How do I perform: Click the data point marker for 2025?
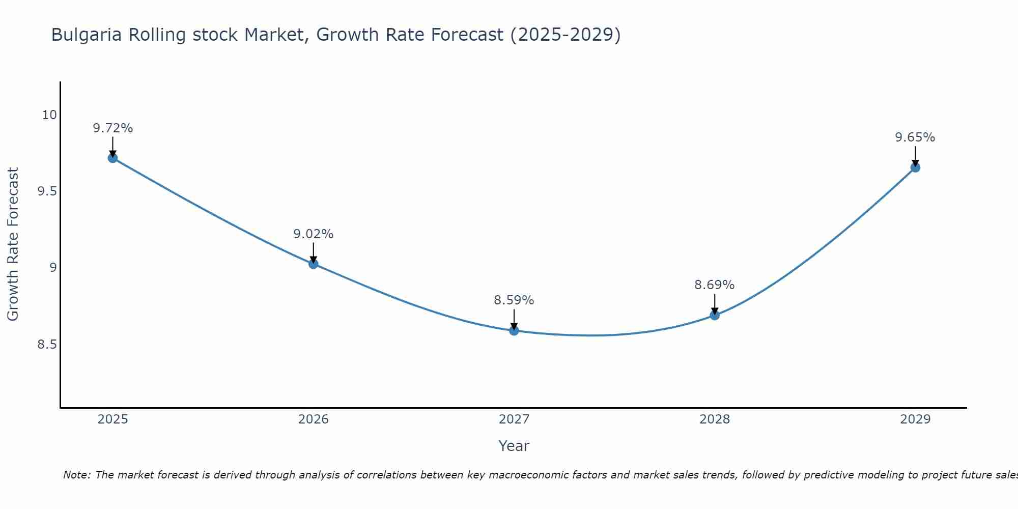point(112,158)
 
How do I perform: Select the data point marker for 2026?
point(313,264)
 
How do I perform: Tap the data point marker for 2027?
point(514,331)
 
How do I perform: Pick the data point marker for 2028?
point(715,315)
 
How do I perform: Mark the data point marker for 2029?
point(915,167)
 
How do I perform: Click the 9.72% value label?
point(112,128)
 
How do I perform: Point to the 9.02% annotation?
point(313,234)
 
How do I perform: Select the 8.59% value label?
point(514,300)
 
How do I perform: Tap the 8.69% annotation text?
point(715,285)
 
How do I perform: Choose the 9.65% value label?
point(915,137)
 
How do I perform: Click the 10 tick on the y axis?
point(49,115)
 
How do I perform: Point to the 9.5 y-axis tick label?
point(47,191)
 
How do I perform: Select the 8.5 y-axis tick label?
point(47,345)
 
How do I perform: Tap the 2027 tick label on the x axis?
point(514,419)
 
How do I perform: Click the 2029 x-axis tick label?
point(915,419)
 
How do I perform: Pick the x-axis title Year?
point(514,446)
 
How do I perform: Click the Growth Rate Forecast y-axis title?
point(13,244)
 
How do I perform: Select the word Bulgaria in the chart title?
point(87,35)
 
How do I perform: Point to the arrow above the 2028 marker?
point(715,303)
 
